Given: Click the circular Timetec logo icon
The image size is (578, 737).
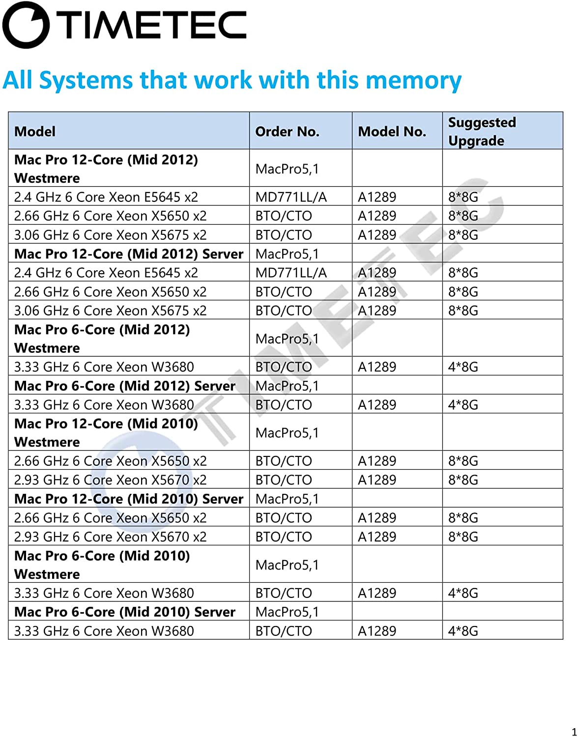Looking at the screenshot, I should pyautogui.click(x=26, y=25).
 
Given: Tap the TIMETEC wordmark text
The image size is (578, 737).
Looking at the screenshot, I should pyautogui.click(x=155, y=25).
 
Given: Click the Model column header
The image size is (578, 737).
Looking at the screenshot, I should pyautogui.click(x=35, y=131).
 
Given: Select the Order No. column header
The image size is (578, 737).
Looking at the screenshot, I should pyautogui.click(x=287, y=131).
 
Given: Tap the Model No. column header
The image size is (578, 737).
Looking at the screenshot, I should pyautogui.click(x=392, y=131).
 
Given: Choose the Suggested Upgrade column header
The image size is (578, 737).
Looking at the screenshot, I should pyautogui.click(x=482, y=131).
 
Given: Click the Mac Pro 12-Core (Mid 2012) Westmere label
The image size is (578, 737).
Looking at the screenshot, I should pyautogui.click(x=106, y=169).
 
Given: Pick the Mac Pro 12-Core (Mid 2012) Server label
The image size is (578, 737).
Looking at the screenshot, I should pyautogui.click(x=129, y=254).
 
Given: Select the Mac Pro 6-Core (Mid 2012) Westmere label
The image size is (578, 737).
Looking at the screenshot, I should pyautogui.click(x=102, y=339).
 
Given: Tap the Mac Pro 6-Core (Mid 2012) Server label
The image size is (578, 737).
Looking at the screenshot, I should pyautogui.click(x=125, y=386).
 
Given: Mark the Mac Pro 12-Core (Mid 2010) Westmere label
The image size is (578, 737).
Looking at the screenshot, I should pyautogui.click(x=106, y=432).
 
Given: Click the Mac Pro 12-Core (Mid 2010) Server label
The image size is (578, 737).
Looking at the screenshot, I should pyautogui.click(x=129, y=499).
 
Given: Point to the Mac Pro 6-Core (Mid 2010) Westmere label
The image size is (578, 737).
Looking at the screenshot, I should pyautogui.click(x=102, y=565).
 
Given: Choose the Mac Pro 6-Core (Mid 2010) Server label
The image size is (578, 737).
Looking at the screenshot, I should pyautogui.click(x=125, y=612).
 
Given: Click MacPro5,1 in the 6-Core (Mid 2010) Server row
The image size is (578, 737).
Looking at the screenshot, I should pyautogui.click(x=287, y=612).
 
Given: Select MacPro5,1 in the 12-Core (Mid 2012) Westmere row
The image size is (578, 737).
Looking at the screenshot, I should pyautogui.click(x=287, y=169).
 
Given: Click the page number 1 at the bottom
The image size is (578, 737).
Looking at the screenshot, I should pyautogui.click(x=574, y=731).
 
